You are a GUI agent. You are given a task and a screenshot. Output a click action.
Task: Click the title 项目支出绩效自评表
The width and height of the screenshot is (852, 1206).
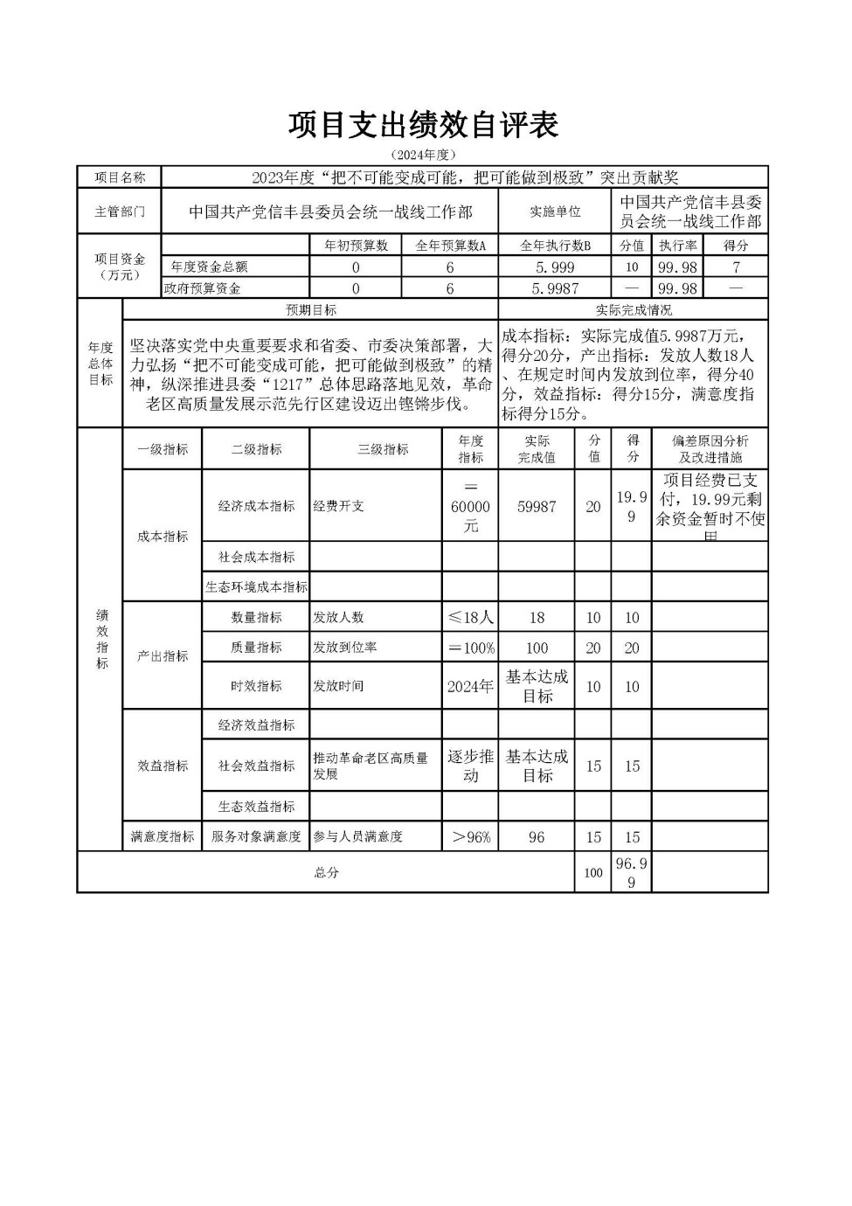424,125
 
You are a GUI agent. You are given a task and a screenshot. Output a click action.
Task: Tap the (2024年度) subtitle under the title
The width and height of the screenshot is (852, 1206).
424,155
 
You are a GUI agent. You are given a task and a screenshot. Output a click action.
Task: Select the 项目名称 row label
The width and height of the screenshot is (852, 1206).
120,177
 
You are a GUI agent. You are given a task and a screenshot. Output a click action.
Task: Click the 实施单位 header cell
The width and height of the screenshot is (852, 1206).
555,212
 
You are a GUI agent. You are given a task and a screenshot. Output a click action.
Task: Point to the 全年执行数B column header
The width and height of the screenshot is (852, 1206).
555,246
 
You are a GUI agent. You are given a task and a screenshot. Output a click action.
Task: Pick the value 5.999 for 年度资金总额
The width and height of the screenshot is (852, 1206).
555,267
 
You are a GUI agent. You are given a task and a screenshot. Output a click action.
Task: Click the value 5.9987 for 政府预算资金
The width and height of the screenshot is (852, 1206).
555,288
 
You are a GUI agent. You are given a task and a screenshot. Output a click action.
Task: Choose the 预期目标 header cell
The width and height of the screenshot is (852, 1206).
310,310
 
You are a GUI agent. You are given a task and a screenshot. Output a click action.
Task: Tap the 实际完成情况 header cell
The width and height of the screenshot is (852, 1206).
633,310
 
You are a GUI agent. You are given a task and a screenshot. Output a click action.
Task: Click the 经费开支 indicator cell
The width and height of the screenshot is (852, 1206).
339,506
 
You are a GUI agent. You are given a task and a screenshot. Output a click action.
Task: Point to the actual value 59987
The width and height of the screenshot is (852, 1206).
537,507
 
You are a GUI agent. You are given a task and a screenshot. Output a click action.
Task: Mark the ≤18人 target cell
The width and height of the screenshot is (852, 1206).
470,617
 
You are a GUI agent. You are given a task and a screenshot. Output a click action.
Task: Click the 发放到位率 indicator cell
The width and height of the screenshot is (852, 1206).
345,648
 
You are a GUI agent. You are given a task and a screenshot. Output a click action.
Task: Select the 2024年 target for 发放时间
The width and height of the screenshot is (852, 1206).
470,686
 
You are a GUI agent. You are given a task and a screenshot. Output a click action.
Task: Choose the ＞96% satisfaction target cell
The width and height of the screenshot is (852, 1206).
470,837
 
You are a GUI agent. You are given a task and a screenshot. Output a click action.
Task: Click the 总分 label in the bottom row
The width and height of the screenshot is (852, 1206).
326,872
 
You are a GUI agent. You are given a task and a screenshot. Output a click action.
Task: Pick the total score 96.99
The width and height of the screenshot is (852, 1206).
631,872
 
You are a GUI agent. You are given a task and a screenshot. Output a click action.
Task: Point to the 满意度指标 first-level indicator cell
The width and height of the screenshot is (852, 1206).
163,837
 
